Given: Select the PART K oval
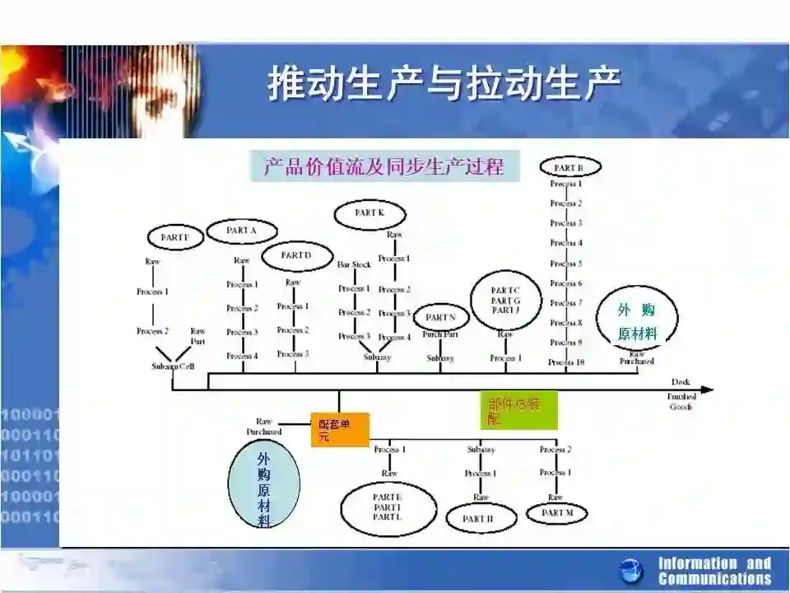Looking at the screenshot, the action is pyautogui.click(x=369, y=213).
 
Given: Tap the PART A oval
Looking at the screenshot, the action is pyautogui.click(x=242, y=231).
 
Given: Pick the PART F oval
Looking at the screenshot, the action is pyautogui.click(x=174, y=237).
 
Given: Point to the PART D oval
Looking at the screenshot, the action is pyautogui.click(x=296, y=255).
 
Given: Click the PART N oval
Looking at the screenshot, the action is pyautogui.click(x=441, y=317).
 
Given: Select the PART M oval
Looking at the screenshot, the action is pyautogui.click(x=558, y=513).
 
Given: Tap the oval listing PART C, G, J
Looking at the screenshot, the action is pyautogui.click(x=505, y=300).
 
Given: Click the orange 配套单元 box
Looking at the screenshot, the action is pyautogui.click(x=339, y=429).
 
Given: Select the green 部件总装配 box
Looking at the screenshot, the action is pyautogui.click(x=518, y=410).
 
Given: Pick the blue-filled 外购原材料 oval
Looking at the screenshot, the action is pyautogui.click(x=263, y=487).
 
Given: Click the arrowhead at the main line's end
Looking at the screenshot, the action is pyautogui.click(x=707, y=390).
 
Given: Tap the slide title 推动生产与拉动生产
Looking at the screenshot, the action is pyautogui.click(x=444, y=85).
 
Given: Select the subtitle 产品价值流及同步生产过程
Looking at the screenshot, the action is pyautogui.click(x=384, y=167).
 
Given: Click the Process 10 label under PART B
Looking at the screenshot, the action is pyautogui.click(x=566, y=362).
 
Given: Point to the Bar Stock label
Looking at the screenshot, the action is pyautogui.click(x=354, y=264).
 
